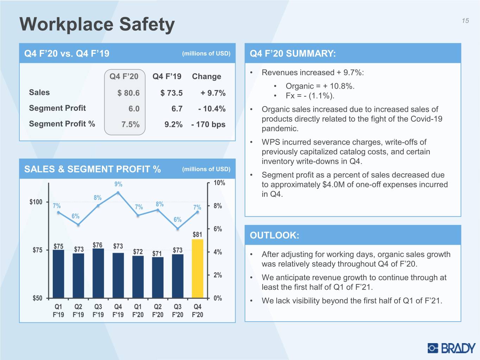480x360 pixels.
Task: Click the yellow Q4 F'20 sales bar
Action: tap(198, 268)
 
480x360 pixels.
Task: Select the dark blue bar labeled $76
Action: tap(98, 273)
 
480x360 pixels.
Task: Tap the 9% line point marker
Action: tap(118, 193)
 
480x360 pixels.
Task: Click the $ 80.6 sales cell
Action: tap(128, 93)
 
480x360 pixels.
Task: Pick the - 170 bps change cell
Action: tap(208, 124)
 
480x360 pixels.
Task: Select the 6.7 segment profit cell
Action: tap(177, 109)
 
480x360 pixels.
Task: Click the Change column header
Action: tap(206, 76)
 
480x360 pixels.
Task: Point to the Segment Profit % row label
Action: tap(62, 124)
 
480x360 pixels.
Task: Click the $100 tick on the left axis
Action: tap(36, 202)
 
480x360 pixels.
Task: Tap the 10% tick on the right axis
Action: tap(219, 182)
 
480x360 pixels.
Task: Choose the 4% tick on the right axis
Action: tap(218, 252)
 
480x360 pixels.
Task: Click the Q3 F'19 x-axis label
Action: tap(98, 310)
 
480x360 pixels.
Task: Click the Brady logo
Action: tap(452, 348)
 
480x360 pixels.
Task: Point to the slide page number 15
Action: tap(465, 21)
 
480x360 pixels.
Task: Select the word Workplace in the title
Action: tap(66, 25)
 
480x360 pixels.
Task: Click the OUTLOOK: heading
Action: tap(274, 235)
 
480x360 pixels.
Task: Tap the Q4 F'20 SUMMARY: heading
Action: tap(293, 53)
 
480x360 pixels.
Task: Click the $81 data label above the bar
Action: tap(197, 234)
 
